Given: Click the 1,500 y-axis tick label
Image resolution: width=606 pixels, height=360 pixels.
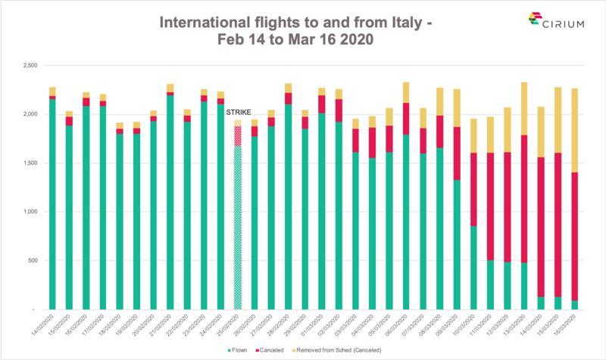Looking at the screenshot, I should [x=30, y=163].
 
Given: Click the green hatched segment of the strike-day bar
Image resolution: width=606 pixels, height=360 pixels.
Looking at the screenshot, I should [x=238, y=227].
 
